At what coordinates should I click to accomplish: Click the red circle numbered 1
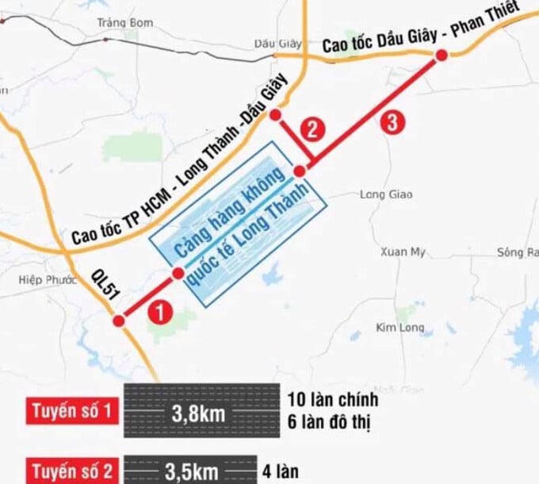(x=161, y=312)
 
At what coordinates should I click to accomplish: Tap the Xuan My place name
(x=403, y=252)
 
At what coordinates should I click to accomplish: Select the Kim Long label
(x=400, y=327)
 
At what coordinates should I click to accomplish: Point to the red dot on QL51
(x=119, y=321)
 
